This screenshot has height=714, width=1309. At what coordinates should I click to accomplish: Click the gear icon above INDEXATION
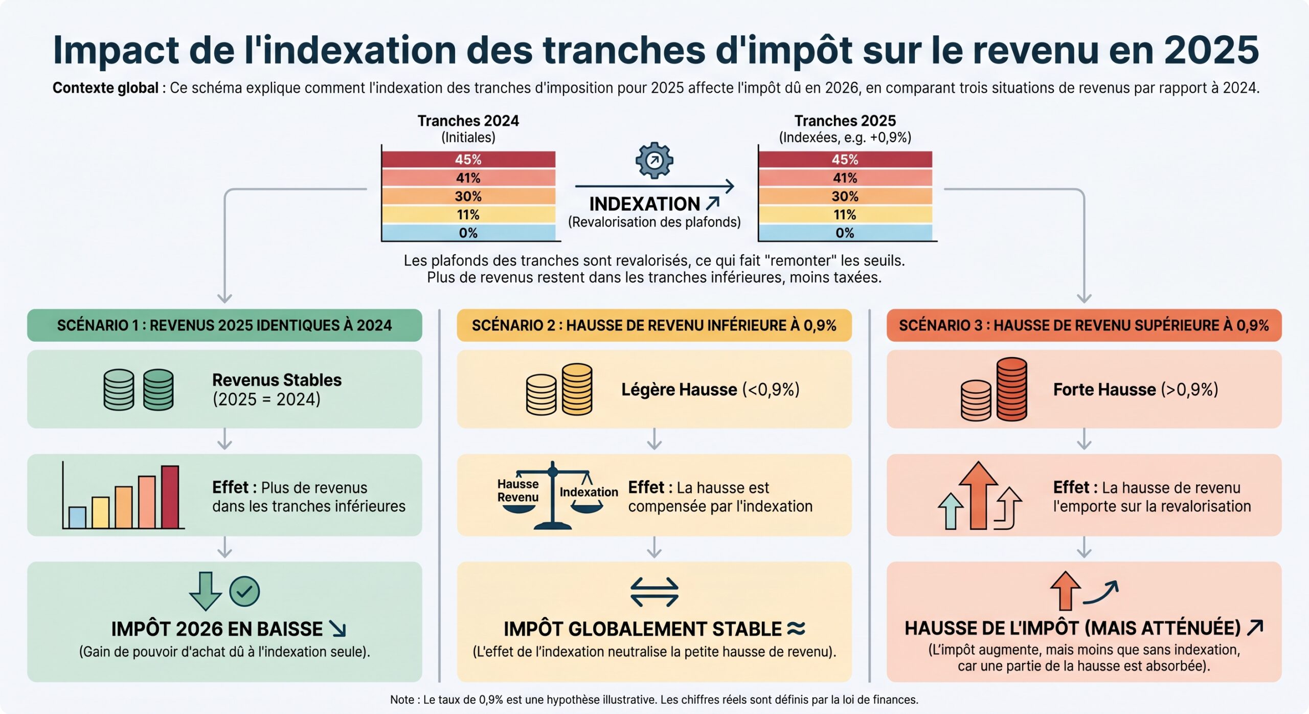654,161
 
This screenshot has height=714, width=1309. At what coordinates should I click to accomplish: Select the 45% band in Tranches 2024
468,160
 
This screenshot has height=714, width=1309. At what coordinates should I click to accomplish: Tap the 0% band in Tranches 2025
845,233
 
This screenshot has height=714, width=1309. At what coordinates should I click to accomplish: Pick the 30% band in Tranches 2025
845,196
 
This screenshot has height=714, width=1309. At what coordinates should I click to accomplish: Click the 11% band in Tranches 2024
468,215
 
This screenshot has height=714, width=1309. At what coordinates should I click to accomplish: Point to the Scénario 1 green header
224,325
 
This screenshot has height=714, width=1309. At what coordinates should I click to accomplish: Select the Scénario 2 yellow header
654,325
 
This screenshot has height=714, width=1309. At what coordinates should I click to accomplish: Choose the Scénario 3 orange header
1084,325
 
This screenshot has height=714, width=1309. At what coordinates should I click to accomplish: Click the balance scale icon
552,495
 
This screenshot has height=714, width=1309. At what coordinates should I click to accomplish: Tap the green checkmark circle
244,591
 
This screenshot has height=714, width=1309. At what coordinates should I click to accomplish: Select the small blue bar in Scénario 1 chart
77,517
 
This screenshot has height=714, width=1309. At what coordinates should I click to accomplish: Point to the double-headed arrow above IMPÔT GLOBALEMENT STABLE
654,592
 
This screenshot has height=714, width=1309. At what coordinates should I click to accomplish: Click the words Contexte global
105,88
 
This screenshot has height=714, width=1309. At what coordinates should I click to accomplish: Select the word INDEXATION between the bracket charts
644,204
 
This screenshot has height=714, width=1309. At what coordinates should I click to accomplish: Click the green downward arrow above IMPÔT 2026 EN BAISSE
205,591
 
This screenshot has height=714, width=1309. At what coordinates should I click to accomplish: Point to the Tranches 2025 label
845,121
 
